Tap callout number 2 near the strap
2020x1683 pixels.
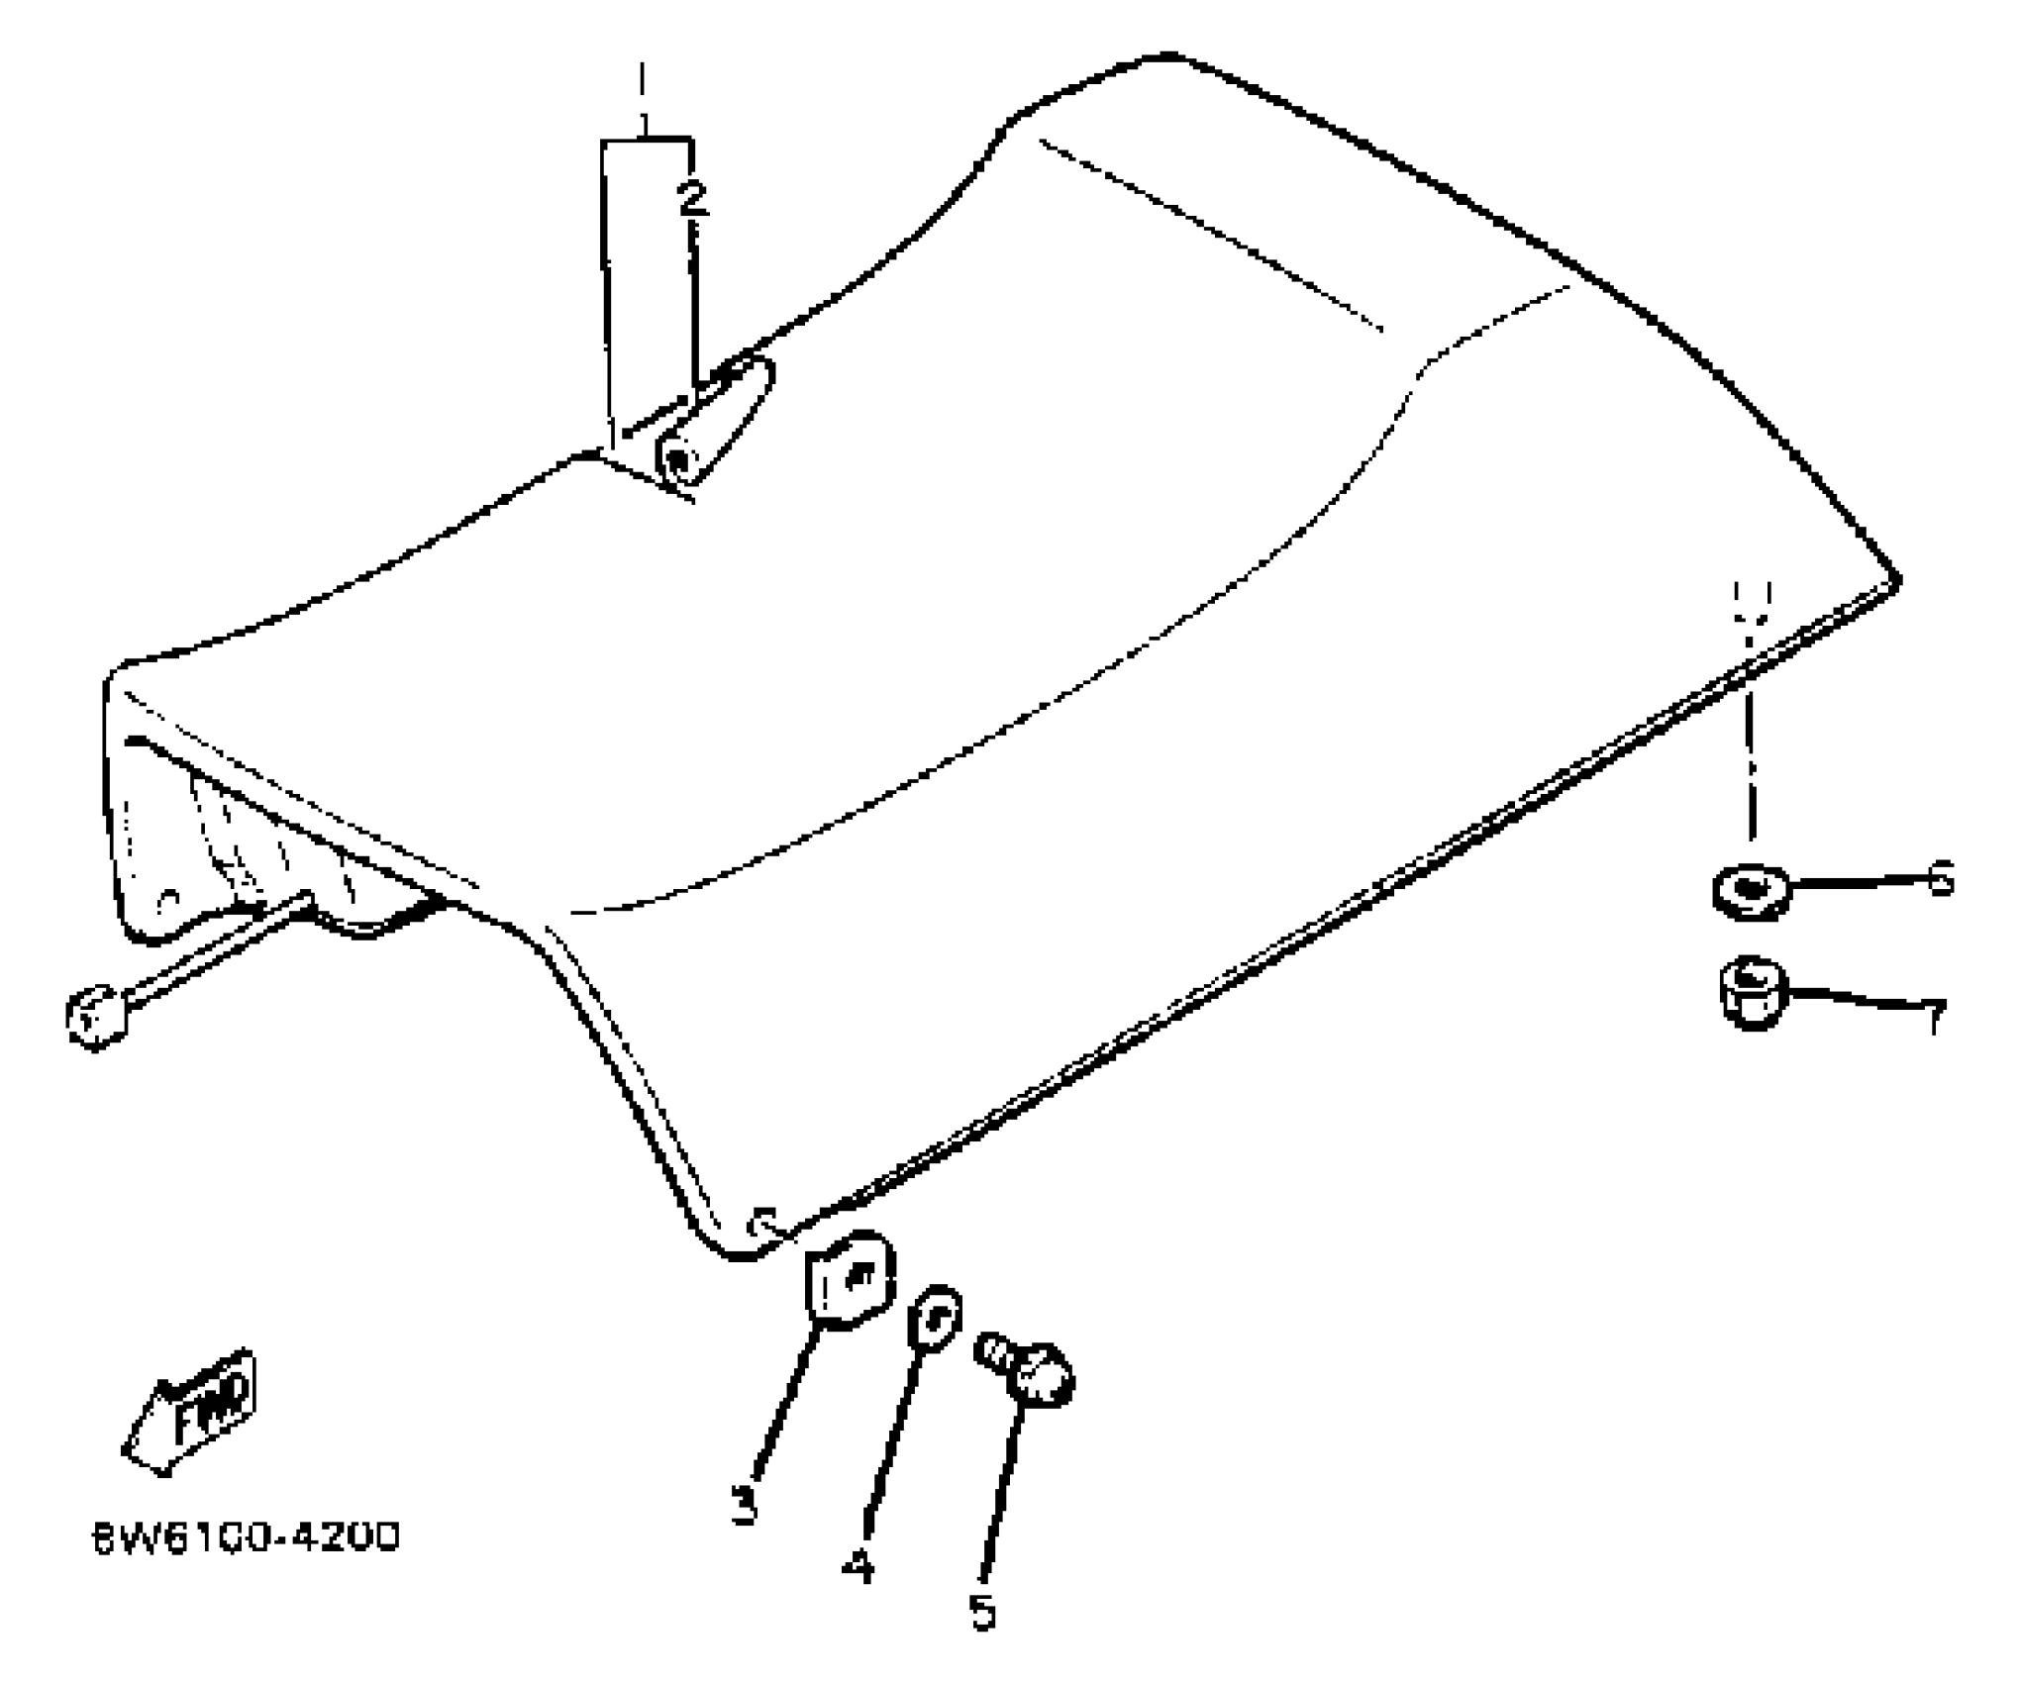coord(692,198)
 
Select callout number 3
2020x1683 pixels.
coord(745,1505)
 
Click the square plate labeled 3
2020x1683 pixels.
coord(850,1279)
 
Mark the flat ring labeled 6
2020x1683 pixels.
coord(1751,890)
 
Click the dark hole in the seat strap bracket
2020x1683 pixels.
coord(679,460)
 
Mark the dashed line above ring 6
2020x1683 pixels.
coord(1751,733)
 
